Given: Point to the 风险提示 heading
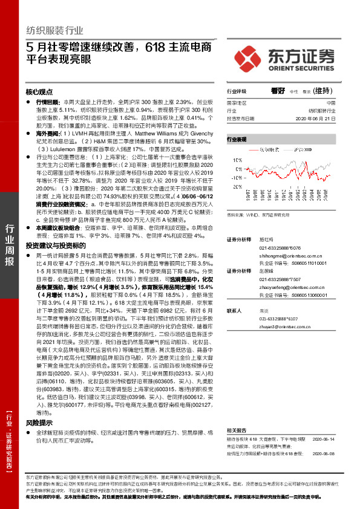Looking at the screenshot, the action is [x=39, y=423].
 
